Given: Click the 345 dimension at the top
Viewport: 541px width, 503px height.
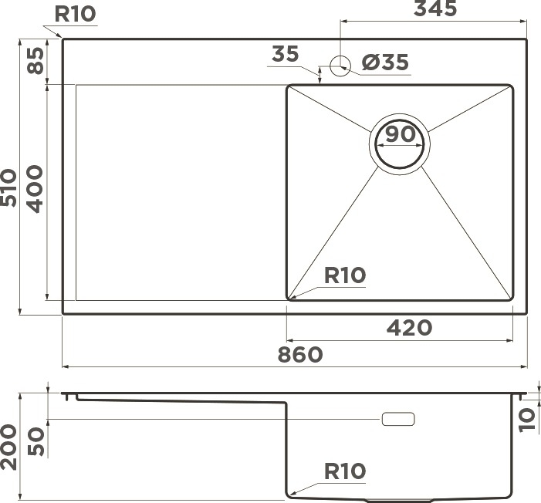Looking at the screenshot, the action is (x=435, y=8).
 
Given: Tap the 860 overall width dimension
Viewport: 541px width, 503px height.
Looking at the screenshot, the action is (x=300, y=355).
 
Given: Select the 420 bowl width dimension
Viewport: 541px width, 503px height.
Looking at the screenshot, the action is (x=409, y=328).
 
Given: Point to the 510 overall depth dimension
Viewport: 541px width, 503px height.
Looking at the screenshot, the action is (x=8, y=187).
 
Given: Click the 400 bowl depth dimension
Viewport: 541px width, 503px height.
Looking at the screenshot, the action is (x=36, y=189).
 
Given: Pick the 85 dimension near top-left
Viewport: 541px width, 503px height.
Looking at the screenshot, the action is (x=36, y=60).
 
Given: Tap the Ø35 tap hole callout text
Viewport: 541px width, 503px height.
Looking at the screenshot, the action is (x=385, y=62).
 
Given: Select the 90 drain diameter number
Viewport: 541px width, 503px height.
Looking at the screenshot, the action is (x=401, y=134).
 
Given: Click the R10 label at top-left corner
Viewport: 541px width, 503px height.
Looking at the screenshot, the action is (x=75, y=14).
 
